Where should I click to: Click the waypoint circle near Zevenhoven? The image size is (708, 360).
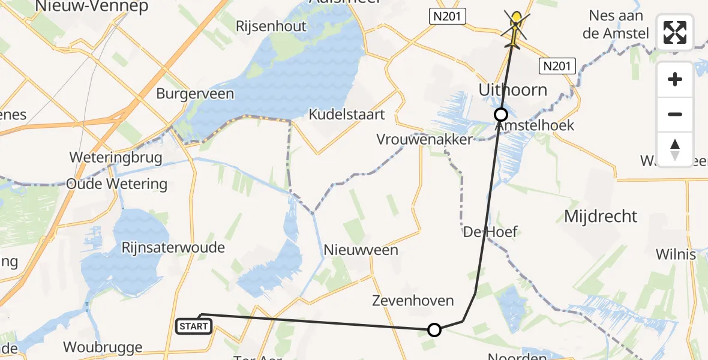pyautogui.click(x=434, y=329)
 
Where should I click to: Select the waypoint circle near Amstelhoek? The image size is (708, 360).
pyautogui.click(x=500, y=114)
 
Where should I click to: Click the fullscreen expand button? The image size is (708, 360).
pyautogui.click(x=675, y=32)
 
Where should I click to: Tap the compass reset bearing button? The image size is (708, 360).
pyautogui.click(x=675, y=149)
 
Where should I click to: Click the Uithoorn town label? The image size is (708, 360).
pyautogui.click(x=513, y=90)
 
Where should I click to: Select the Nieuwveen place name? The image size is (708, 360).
pyautogui.click(x=361, y=250)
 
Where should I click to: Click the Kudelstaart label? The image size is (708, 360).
pyautogui.click(x=347, y=114)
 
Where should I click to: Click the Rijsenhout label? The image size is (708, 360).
pyautogui.click(x=271, y=26)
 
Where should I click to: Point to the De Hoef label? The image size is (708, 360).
pyautogui.click(x=490, y=232)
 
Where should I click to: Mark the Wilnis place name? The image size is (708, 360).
pyautogui.click(x=676, y=254)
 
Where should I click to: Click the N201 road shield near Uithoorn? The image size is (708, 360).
pyautogui.click(x=557, y=66)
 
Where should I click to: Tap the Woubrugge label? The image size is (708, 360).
pyautogui.click(x=103, y=347)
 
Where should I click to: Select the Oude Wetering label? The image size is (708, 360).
pyautogui.click(x=117, y=184)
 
